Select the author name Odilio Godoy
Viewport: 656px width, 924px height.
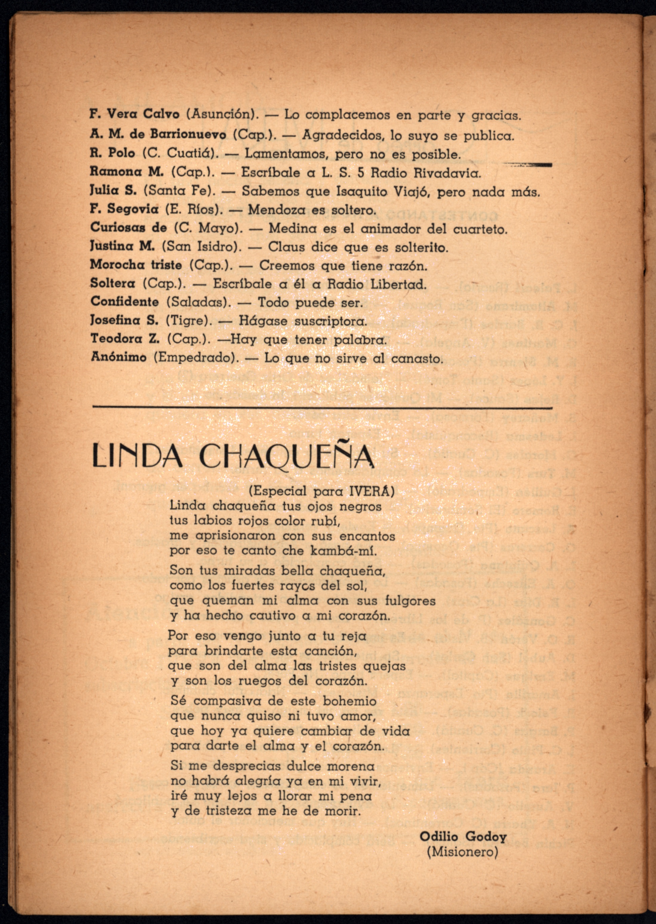tap(462, 837)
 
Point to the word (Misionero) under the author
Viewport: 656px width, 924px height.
tap(462, 852)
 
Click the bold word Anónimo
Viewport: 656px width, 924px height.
tap(118, 357)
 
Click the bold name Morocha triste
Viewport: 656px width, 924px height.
tap(136, 265)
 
